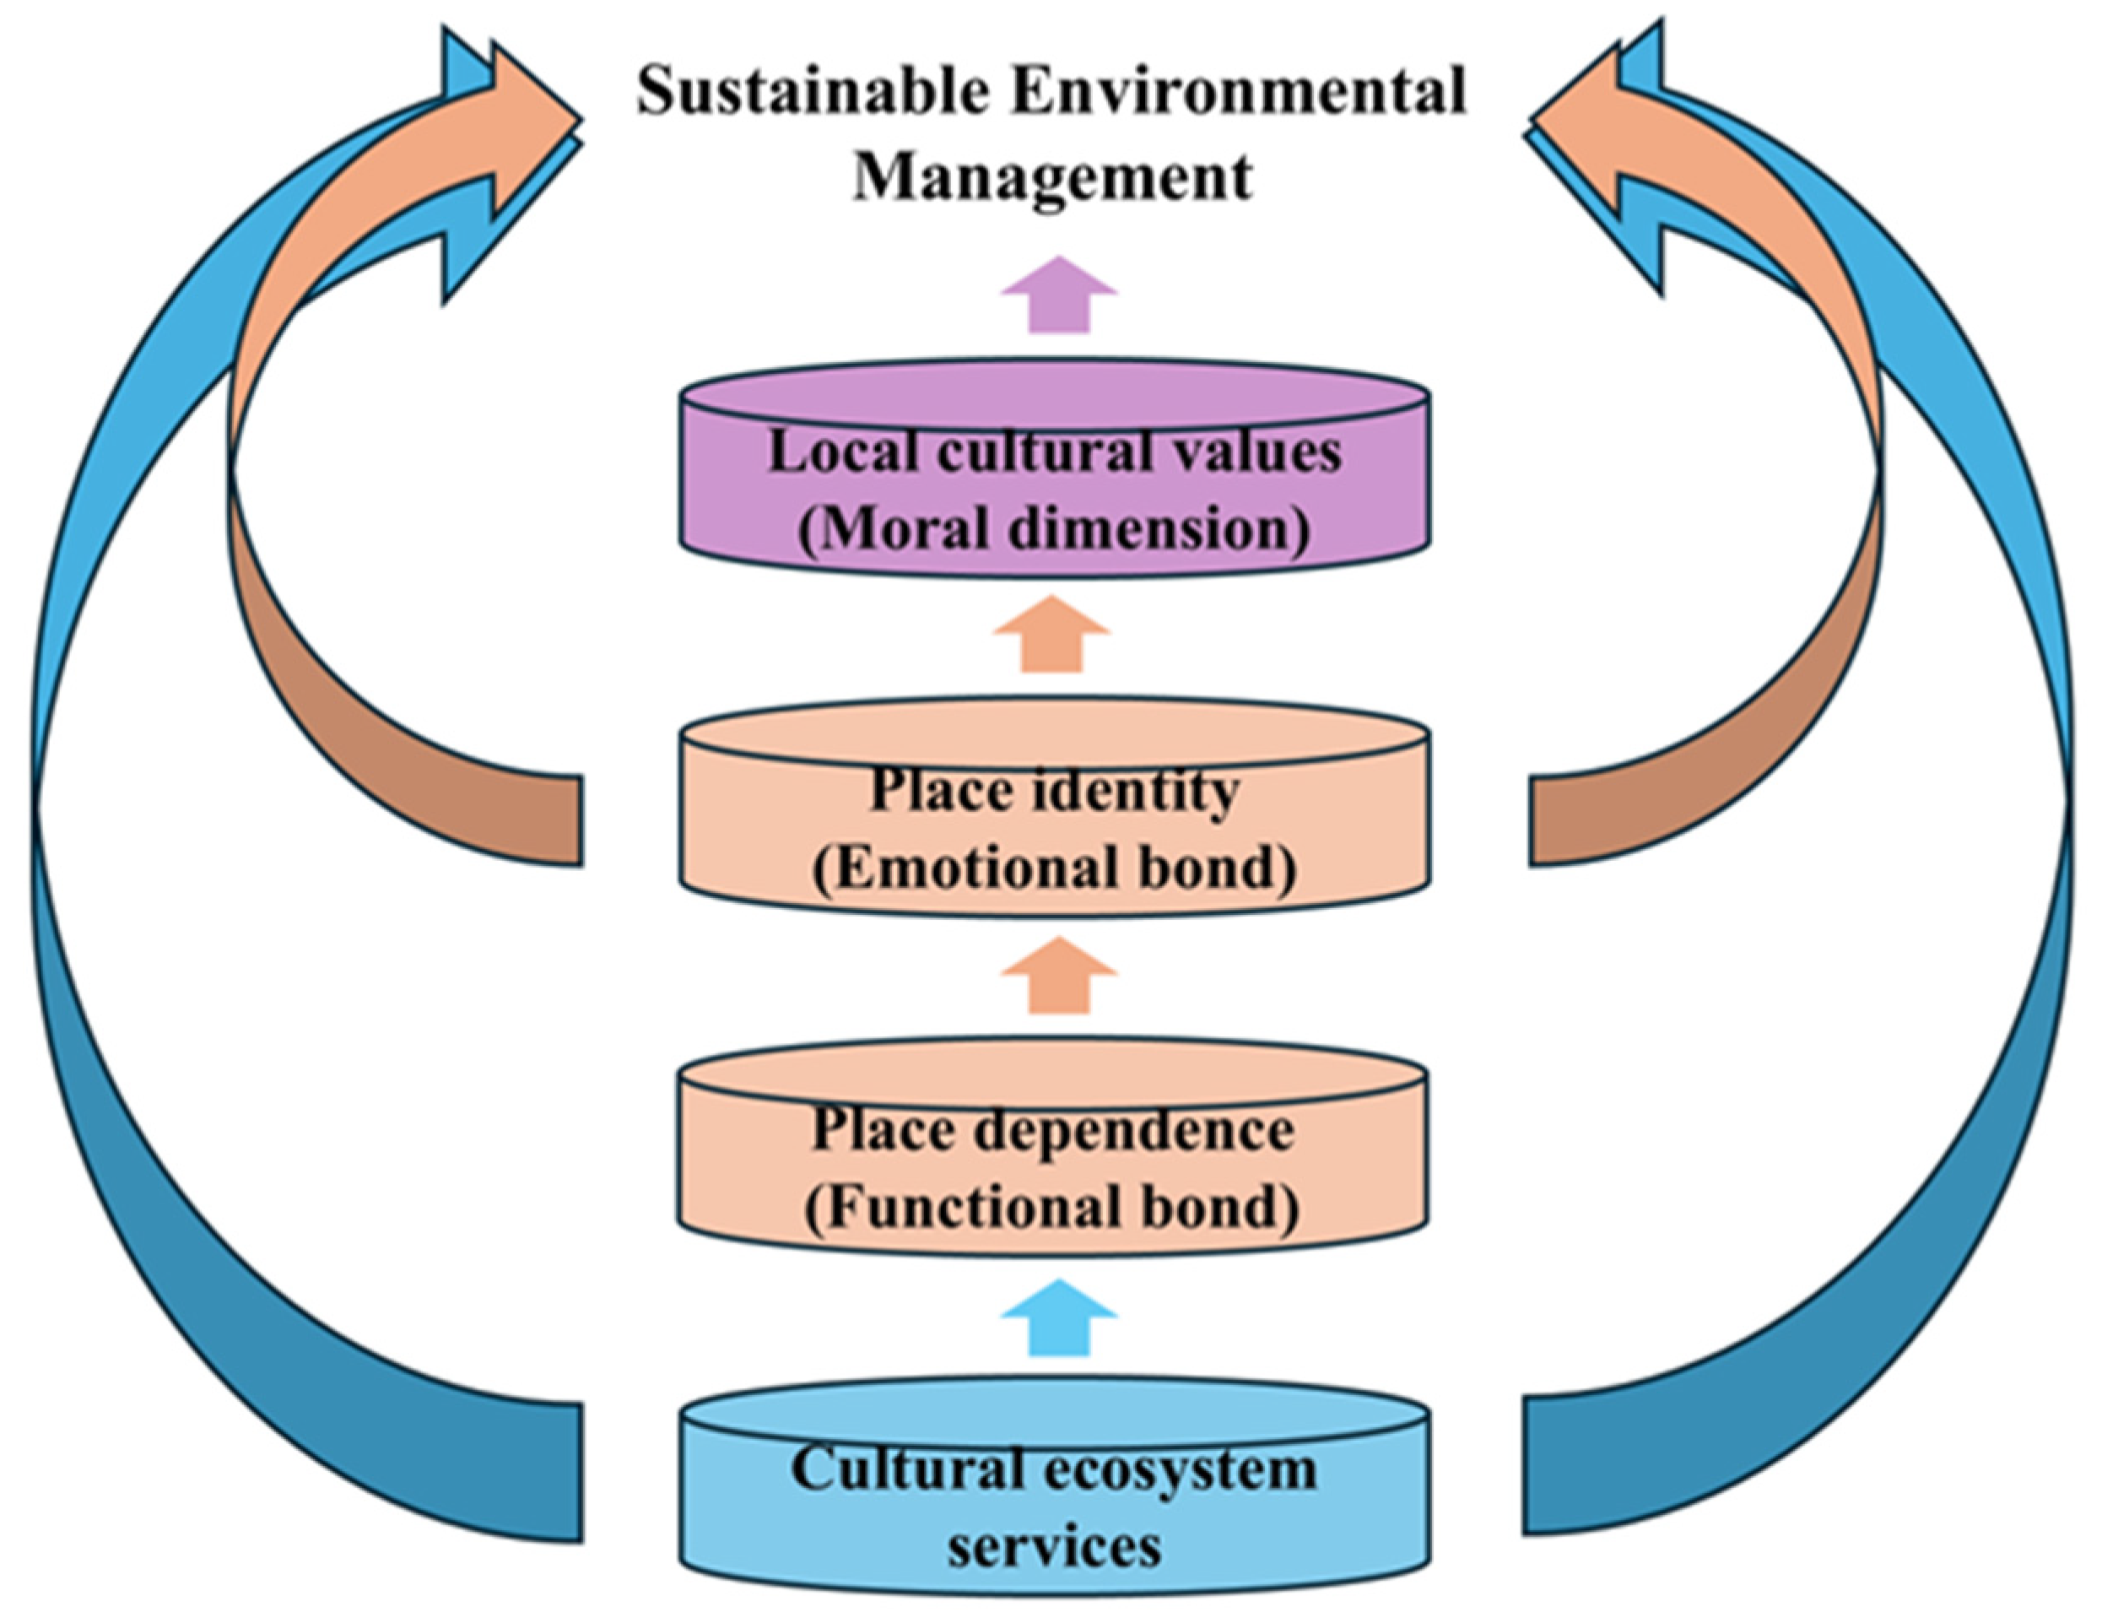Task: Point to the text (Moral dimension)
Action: [1053, 531]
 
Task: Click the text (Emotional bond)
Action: [1053, 868]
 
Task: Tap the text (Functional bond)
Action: [1052, 1209]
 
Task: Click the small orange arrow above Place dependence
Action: [1059, 976]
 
